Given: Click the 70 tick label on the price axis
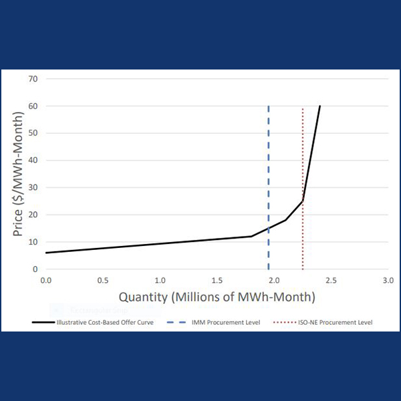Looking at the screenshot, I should (33, 79).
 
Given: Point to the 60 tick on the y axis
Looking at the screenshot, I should (33, 106).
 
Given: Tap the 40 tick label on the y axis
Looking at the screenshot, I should (33, 160).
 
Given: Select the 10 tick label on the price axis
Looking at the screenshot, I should (33, 242).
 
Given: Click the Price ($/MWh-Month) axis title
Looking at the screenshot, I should (19, 174).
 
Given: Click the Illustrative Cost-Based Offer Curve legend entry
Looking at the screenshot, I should (95, 322).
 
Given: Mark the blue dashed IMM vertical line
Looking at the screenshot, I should (269, 167).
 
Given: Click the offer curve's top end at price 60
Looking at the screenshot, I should (319, 106).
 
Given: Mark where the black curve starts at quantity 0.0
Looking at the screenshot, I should (46, 253).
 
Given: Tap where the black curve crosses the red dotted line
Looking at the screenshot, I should (303, 200).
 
